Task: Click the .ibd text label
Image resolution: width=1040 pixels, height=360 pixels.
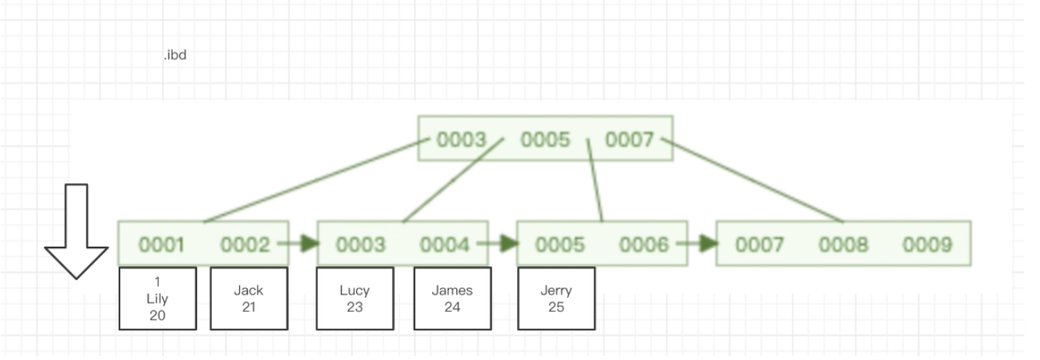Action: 175,55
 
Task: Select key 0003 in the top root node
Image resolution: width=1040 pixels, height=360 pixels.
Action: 461,140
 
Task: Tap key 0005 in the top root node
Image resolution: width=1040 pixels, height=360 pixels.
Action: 545,140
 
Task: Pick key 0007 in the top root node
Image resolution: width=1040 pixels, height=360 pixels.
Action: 629,140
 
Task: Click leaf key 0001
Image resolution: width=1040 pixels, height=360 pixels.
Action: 161,245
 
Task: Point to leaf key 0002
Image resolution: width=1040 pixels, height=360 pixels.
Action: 244,245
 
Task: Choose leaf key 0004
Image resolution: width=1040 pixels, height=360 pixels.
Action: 445,245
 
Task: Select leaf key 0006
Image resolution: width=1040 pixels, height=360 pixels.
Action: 643,245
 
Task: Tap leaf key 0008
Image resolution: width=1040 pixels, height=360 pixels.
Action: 843,245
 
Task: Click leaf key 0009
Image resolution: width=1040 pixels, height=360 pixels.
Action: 927,245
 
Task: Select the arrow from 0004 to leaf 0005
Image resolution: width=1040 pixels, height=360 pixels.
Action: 498,244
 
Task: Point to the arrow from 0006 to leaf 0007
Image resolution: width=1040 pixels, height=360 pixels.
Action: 697,244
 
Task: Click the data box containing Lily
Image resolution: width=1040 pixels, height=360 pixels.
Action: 158,299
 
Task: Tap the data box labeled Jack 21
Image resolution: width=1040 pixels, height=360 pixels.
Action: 248,299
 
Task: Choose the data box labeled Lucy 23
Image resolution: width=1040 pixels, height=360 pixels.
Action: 355,299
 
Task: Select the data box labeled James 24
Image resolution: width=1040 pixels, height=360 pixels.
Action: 452,299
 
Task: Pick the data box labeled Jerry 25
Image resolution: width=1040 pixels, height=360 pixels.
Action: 556,299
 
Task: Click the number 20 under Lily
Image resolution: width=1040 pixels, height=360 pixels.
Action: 158,316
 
